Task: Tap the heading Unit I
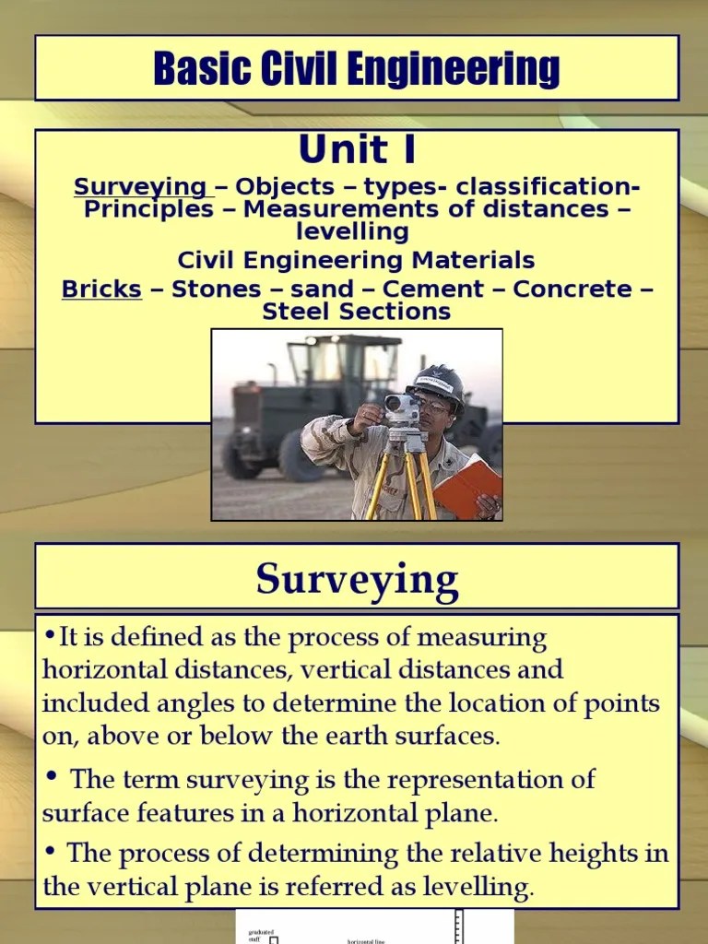tap(357, 149)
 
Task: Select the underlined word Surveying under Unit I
tap(140, 187)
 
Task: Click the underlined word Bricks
tap(101, 289)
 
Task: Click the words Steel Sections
tap(357, 312)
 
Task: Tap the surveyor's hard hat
tap(437, 382)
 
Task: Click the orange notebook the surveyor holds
tap(467, 487)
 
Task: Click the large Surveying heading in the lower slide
tap(357, 580)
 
